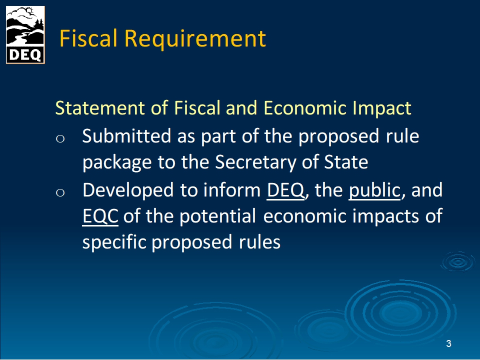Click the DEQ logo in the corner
(x=25, y=35)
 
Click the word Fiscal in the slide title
(x=88, y=38)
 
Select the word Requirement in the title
(x=195, y=39)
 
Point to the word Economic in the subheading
(x=304, y=108)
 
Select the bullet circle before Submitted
(x=60, y=139)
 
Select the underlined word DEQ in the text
(x=285, y=190)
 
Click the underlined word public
(x=374, y=190)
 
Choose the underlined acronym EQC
(x=100, y=216)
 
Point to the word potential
(x=217, y=216)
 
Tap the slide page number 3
(x=448, y=344)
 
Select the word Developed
(x=128, y=190)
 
